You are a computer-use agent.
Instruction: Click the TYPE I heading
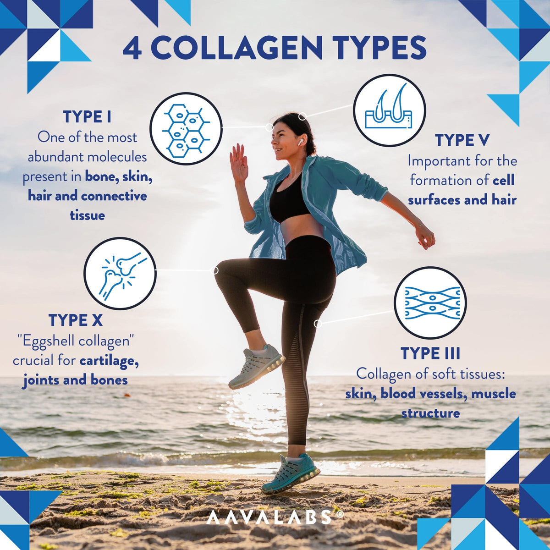[x=87, y=117]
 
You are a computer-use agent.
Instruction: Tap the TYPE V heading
[x=462, y=140]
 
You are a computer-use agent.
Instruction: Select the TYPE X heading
[x=75, y=320]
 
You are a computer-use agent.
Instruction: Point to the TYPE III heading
[x=430, y=353]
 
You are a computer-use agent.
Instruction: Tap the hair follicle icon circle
[x=389, y=110]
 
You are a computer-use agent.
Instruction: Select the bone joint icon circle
[x=120, y=274]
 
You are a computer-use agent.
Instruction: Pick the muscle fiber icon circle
[x=430, y=303]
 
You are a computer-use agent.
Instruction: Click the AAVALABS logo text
[x=269, y=517]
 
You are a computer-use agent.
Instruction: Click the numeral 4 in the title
[x=132, y=48]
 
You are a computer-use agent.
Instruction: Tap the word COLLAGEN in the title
[x=230, y=48]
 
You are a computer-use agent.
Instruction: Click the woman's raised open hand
[x=239, y=163]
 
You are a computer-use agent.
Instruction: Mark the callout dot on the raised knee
[x=214, y=270]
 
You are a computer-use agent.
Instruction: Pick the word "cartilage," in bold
[x=109, y=361]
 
